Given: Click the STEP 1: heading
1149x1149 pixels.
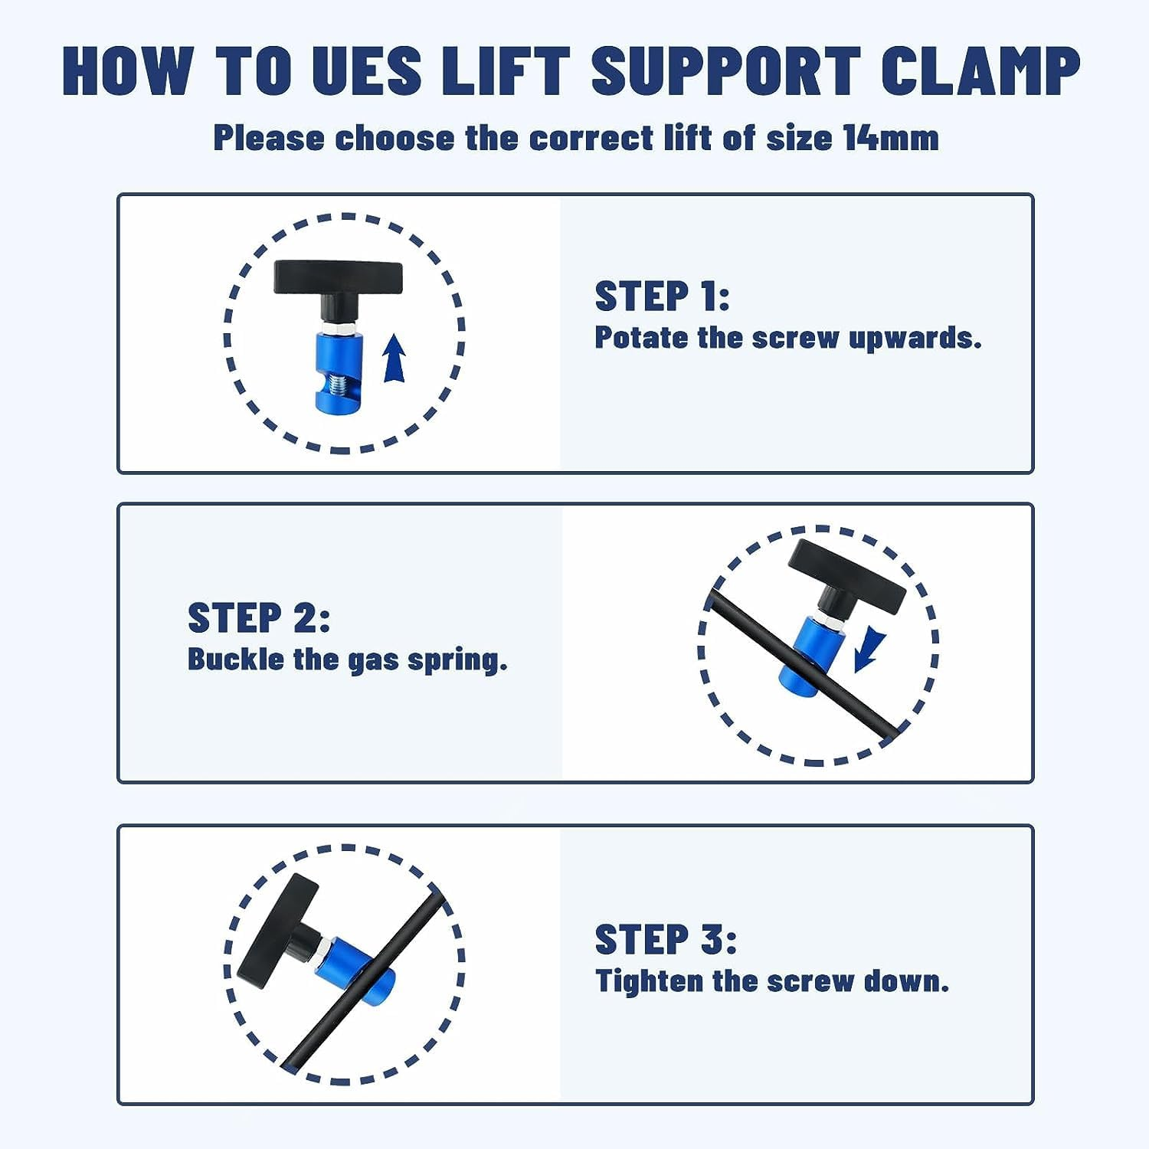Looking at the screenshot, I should [662, 296].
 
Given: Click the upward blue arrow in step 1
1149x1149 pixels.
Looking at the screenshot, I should [394, 358].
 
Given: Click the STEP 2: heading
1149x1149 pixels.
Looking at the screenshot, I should [259, 618].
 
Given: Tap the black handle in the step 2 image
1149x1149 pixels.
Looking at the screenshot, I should [847, 571].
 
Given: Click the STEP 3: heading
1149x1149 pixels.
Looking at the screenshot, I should [665, 940].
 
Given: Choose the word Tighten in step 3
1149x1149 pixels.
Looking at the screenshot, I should [648, 981].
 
